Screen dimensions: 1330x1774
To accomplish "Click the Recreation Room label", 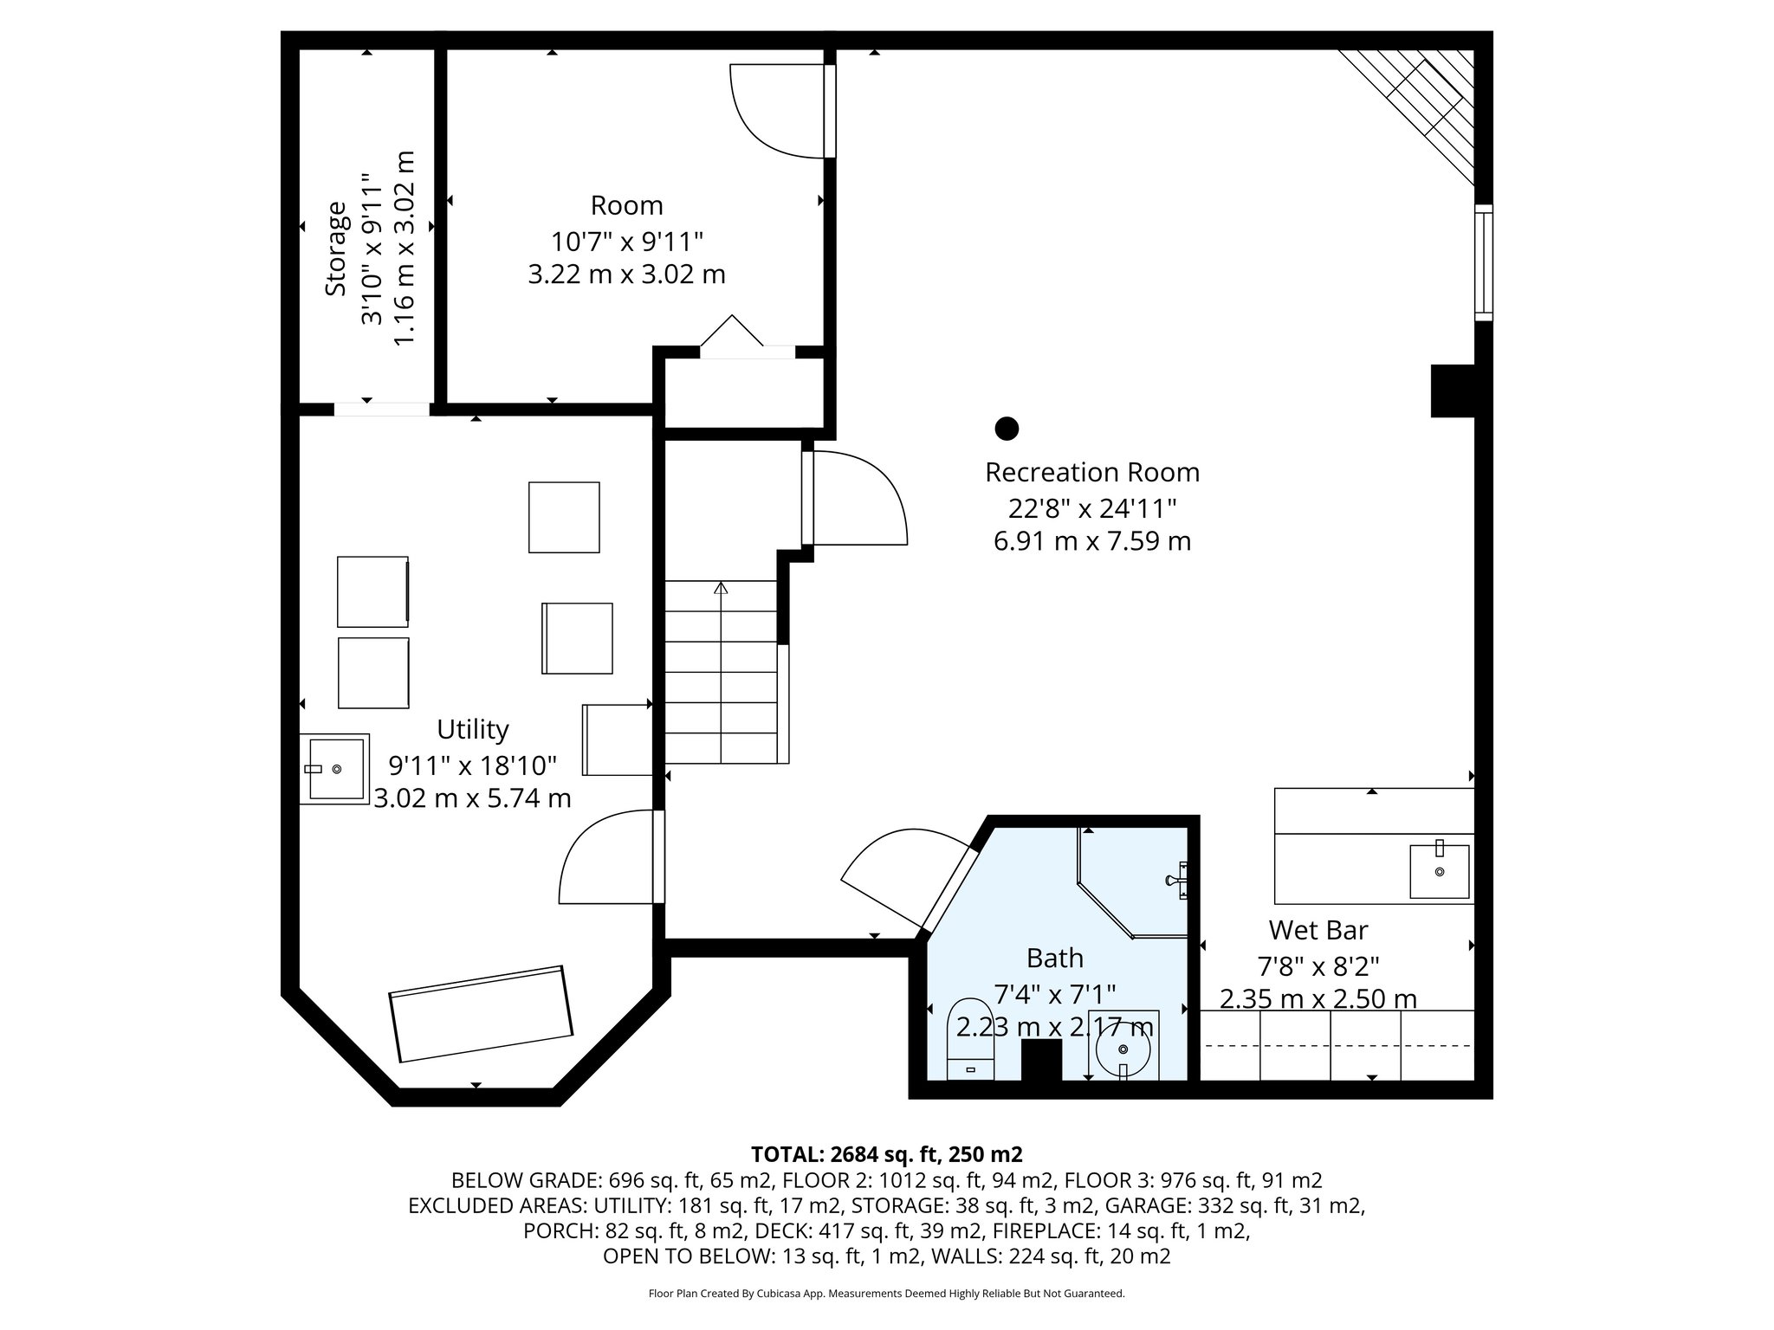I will pyautogui.click(x=1091, y=473).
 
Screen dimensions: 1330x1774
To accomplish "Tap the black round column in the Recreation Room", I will pyautogui.click(x=1006, y=428).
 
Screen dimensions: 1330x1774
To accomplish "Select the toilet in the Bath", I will pyautogui.click(x=970, y=1040).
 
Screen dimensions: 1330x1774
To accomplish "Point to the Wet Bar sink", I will pyautogui.click(x=1439, y=871).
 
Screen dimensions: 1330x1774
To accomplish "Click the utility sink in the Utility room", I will pyautogui.click(x=334, y=769).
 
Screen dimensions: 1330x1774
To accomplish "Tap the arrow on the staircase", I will pyautogui.click(x=721, y=589).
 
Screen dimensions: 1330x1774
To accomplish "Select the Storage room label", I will pyautogui.click(x=336, y=249).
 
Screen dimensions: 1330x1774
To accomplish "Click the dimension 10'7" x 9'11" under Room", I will pyautogui.click(x=626, y=240).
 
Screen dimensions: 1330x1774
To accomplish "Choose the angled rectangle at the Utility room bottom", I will pyautogui.click(x=481, y=1013).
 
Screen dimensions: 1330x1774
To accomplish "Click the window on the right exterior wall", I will pyautogui.click(x=1483, y=262).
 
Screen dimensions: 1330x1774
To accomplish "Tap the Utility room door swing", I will pyautogui.click(x=606, y=857).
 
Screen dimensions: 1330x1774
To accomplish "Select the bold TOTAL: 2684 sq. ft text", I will pyautogui.click(x=885, y=1154).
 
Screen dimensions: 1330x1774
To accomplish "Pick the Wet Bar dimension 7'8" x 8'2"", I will pyautogui.click(x=1318, y=965).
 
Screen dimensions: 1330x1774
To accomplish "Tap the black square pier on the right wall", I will pyautogui.click(x=1452, y=391).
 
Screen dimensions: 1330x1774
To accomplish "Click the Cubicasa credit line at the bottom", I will pyautogui.click(x=886, y=1294).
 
